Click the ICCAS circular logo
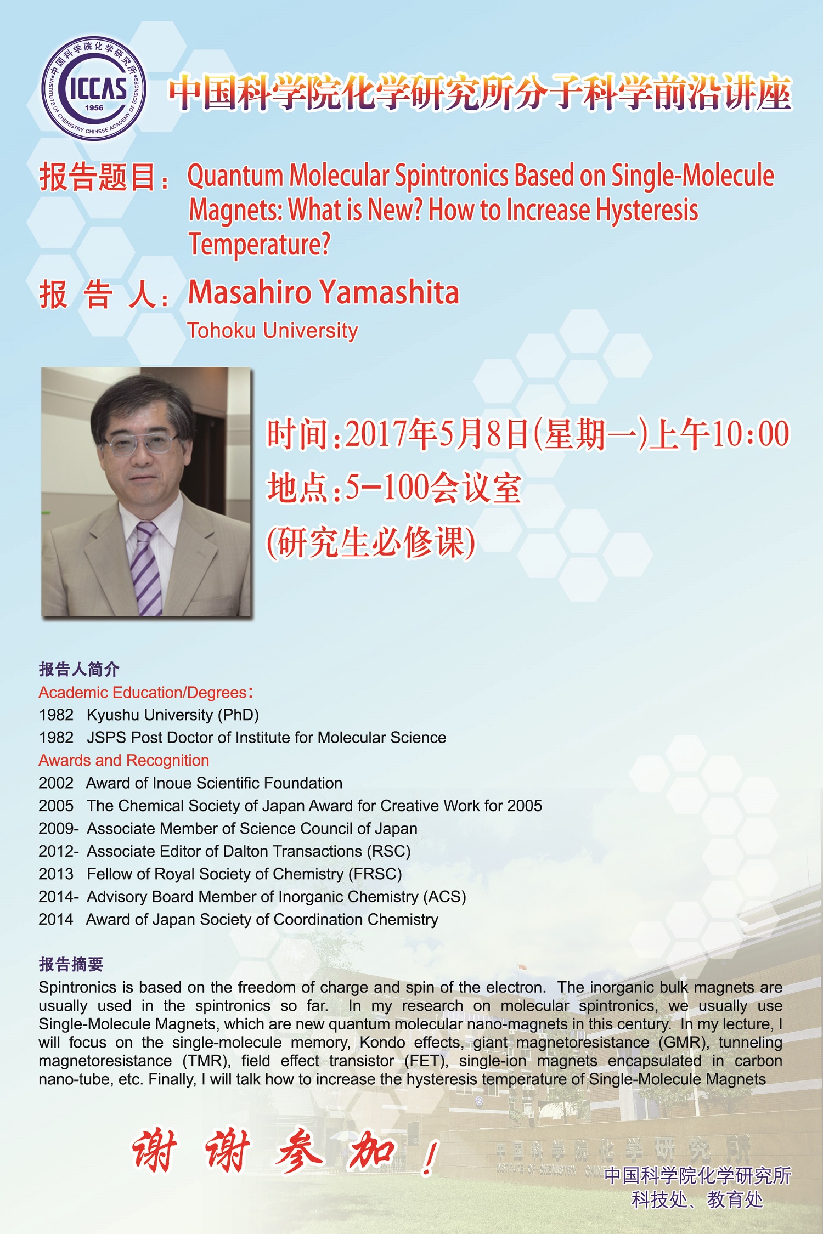(x=94, y=88)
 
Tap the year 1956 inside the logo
(x=94, y=108)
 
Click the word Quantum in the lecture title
(x=235, y=177)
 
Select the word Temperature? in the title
(x=260, y=245)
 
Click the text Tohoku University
(x=273, y=331)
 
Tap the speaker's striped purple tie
(x=145, y=568)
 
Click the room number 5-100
(x=387, y=488)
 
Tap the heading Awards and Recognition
(x=124, y=760)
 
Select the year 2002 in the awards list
(x=56, y=783)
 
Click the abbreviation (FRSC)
(x=375, y=874)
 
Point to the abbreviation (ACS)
(x=444, y=897)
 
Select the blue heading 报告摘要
(x=71, y=964)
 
